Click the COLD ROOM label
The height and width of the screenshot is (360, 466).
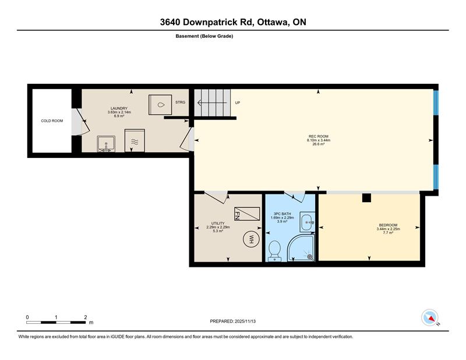tap(52, 121)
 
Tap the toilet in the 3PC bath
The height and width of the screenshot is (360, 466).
tap(274, 251)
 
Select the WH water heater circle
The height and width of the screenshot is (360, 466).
tap(251, 239)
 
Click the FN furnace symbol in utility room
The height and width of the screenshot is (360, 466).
tap(247, 213)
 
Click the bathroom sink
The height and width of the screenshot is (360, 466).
tap(307, 222)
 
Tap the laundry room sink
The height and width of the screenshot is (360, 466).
tap(106, 144)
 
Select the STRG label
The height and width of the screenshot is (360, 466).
tap(180, 103)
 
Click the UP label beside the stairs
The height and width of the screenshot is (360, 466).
tap(238, 103)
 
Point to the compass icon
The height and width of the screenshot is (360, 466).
tap(430, 317)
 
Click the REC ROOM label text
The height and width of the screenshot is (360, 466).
tap(318, 136)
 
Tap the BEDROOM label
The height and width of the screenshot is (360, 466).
tap(388, 225)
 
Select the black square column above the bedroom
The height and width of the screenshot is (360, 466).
tap(366, 198)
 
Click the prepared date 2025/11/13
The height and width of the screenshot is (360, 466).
tap(245, 322)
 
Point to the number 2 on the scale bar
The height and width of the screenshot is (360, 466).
tap(85, 317)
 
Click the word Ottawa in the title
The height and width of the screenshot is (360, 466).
tap(273, 22)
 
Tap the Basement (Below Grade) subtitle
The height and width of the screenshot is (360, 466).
tap(204, 36)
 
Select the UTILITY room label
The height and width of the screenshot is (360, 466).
tap(218, 223)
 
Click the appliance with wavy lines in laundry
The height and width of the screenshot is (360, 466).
tap(135, 140)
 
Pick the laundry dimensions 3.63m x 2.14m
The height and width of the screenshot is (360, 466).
tap(119, 112)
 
